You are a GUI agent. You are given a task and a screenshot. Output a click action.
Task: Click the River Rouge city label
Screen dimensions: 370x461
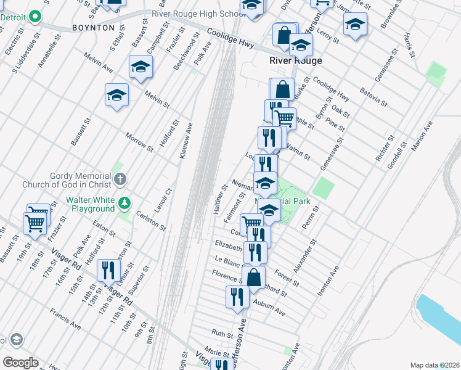296,60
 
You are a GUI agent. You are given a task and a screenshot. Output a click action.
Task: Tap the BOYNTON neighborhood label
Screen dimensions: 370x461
93,28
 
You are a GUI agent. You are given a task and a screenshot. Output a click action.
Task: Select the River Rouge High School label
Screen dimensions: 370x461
197,14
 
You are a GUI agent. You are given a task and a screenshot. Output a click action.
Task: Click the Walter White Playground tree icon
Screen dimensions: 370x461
125,202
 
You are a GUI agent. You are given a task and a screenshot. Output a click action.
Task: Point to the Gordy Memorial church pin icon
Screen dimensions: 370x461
120,179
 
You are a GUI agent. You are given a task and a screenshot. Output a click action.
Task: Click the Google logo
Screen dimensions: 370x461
20,363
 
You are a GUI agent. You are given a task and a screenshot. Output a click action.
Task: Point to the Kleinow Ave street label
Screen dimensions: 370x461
186,141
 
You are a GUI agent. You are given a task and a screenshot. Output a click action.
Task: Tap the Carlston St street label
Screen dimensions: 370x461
152,220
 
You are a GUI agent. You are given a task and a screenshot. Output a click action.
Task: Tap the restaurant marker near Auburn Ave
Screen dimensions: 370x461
237,297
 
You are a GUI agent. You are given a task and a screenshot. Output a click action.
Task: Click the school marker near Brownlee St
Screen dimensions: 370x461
355,25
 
